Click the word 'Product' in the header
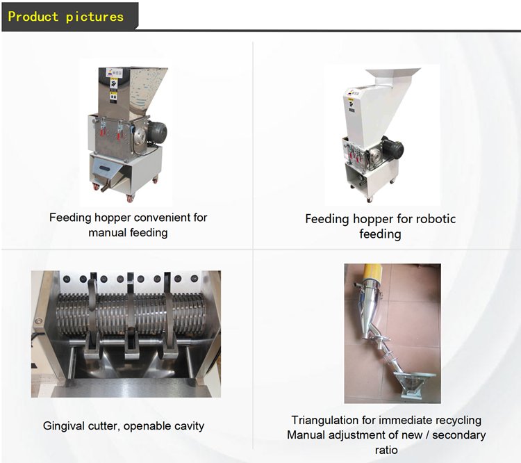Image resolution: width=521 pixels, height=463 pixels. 33,17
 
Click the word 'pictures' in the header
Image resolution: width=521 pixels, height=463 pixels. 94,17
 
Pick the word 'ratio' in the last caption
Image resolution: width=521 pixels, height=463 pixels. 386,450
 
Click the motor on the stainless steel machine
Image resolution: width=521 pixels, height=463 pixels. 157,132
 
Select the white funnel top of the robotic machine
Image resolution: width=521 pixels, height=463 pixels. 392,76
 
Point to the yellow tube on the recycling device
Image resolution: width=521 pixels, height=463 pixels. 372,272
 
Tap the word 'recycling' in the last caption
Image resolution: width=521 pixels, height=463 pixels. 458,421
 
